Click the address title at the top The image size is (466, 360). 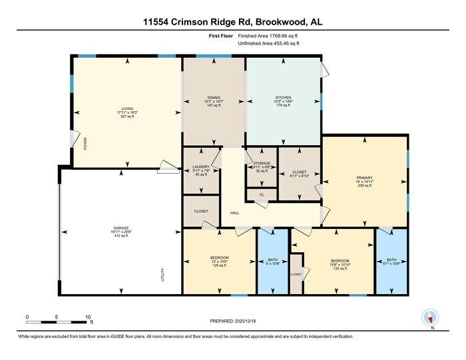[232, 21]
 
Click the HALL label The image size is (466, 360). [234, 213]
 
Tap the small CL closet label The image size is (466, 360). [262, 195]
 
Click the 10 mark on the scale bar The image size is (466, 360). [88, 317]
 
